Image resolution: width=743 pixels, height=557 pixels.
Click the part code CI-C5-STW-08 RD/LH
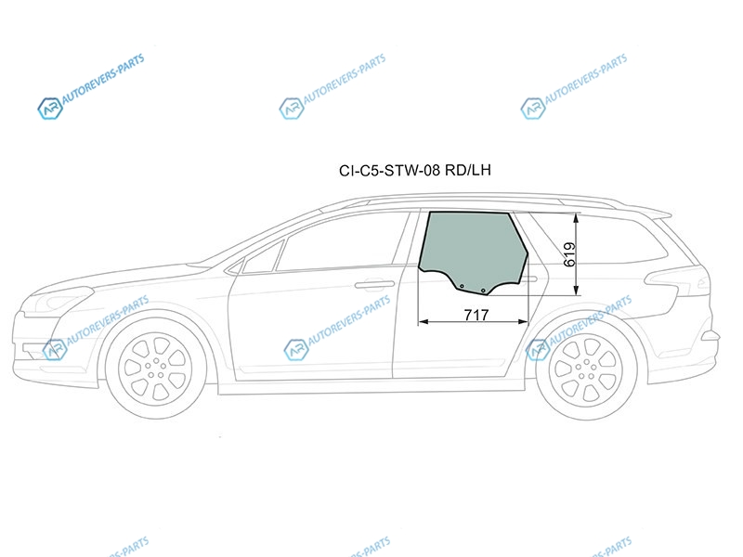tap(415, 170)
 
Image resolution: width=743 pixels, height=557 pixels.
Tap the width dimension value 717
tap(476, 315)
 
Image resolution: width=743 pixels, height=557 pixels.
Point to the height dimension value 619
tap(570, 254)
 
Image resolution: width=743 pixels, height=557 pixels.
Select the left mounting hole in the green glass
tap(462, 286)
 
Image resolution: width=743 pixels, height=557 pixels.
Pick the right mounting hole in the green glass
tap(483, 291)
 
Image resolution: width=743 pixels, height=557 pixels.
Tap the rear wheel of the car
tap(588, 369)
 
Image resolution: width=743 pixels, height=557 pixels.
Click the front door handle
tap(375, 285)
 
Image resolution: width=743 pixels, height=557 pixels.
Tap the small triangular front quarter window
tap(262, 258)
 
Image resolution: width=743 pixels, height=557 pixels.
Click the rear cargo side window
tap(611, 240)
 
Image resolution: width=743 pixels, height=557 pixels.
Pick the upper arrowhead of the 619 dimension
tap(576, 218)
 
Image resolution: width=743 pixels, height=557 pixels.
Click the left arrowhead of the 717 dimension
tap(424, 322)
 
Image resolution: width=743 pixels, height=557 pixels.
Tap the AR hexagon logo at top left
tap(50, 109)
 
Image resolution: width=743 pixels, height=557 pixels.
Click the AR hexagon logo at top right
tap(533, 109)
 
